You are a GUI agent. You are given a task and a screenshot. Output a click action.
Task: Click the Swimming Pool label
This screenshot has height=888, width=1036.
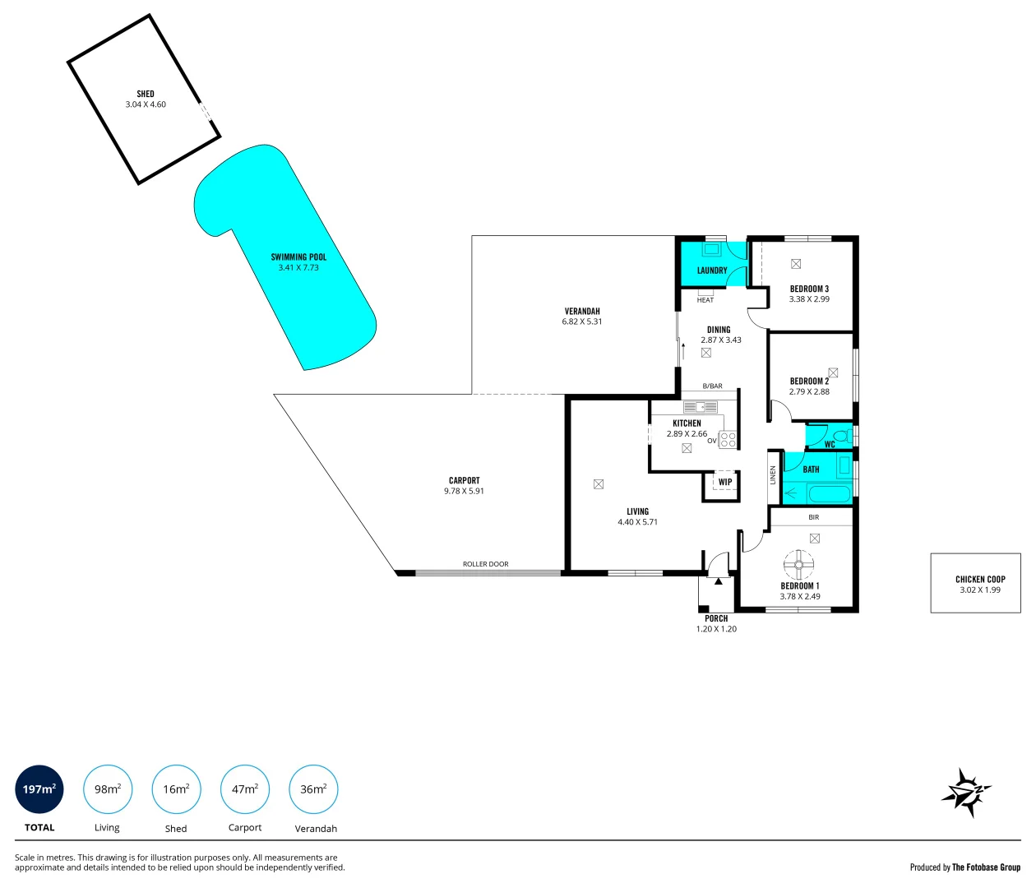[x=298, y=257]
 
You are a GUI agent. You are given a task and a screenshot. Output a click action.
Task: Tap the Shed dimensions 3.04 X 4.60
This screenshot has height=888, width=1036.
[x=146, y=104]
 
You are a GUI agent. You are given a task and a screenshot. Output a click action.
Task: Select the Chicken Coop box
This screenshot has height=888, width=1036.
[x=975, y=583]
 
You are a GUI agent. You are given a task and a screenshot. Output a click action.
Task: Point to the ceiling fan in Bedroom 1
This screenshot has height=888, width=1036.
[x=798, y=564]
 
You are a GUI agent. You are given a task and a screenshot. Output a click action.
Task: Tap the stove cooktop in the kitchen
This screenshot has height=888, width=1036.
[x=728, y=439]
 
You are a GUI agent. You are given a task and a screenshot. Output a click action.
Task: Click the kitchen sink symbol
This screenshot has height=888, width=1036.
[x=700, y=406]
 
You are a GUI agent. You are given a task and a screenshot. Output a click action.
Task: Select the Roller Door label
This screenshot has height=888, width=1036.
[x=485, y=564]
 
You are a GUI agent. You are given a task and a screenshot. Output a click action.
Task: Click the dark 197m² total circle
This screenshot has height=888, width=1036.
[x=39, y=789]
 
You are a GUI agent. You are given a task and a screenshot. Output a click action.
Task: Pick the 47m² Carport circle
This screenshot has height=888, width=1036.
[x=245, y=789]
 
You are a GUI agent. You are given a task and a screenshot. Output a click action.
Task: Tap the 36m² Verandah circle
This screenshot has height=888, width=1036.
[x=313, y=789]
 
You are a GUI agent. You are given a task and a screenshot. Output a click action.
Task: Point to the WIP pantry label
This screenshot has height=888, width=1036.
[x=724, y=483]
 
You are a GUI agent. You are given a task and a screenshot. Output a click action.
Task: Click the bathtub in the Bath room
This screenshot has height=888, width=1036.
[x=829, y=494]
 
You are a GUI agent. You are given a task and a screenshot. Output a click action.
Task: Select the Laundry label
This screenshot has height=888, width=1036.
[x=712, y=271]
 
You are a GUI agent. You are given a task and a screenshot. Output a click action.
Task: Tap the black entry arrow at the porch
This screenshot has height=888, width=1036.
[x=719, y=581]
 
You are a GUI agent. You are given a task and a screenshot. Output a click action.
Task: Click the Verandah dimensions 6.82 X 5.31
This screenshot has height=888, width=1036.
[x=582, y=321]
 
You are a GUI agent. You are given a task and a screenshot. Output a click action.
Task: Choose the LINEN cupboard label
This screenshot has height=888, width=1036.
[x=773, y=474]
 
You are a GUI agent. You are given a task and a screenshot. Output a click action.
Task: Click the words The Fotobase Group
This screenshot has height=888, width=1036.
[x=986, y=867]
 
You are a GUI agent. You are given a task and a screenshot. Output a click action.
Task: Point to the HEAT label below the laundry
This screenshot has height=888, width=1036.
[x=705, y=300]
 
